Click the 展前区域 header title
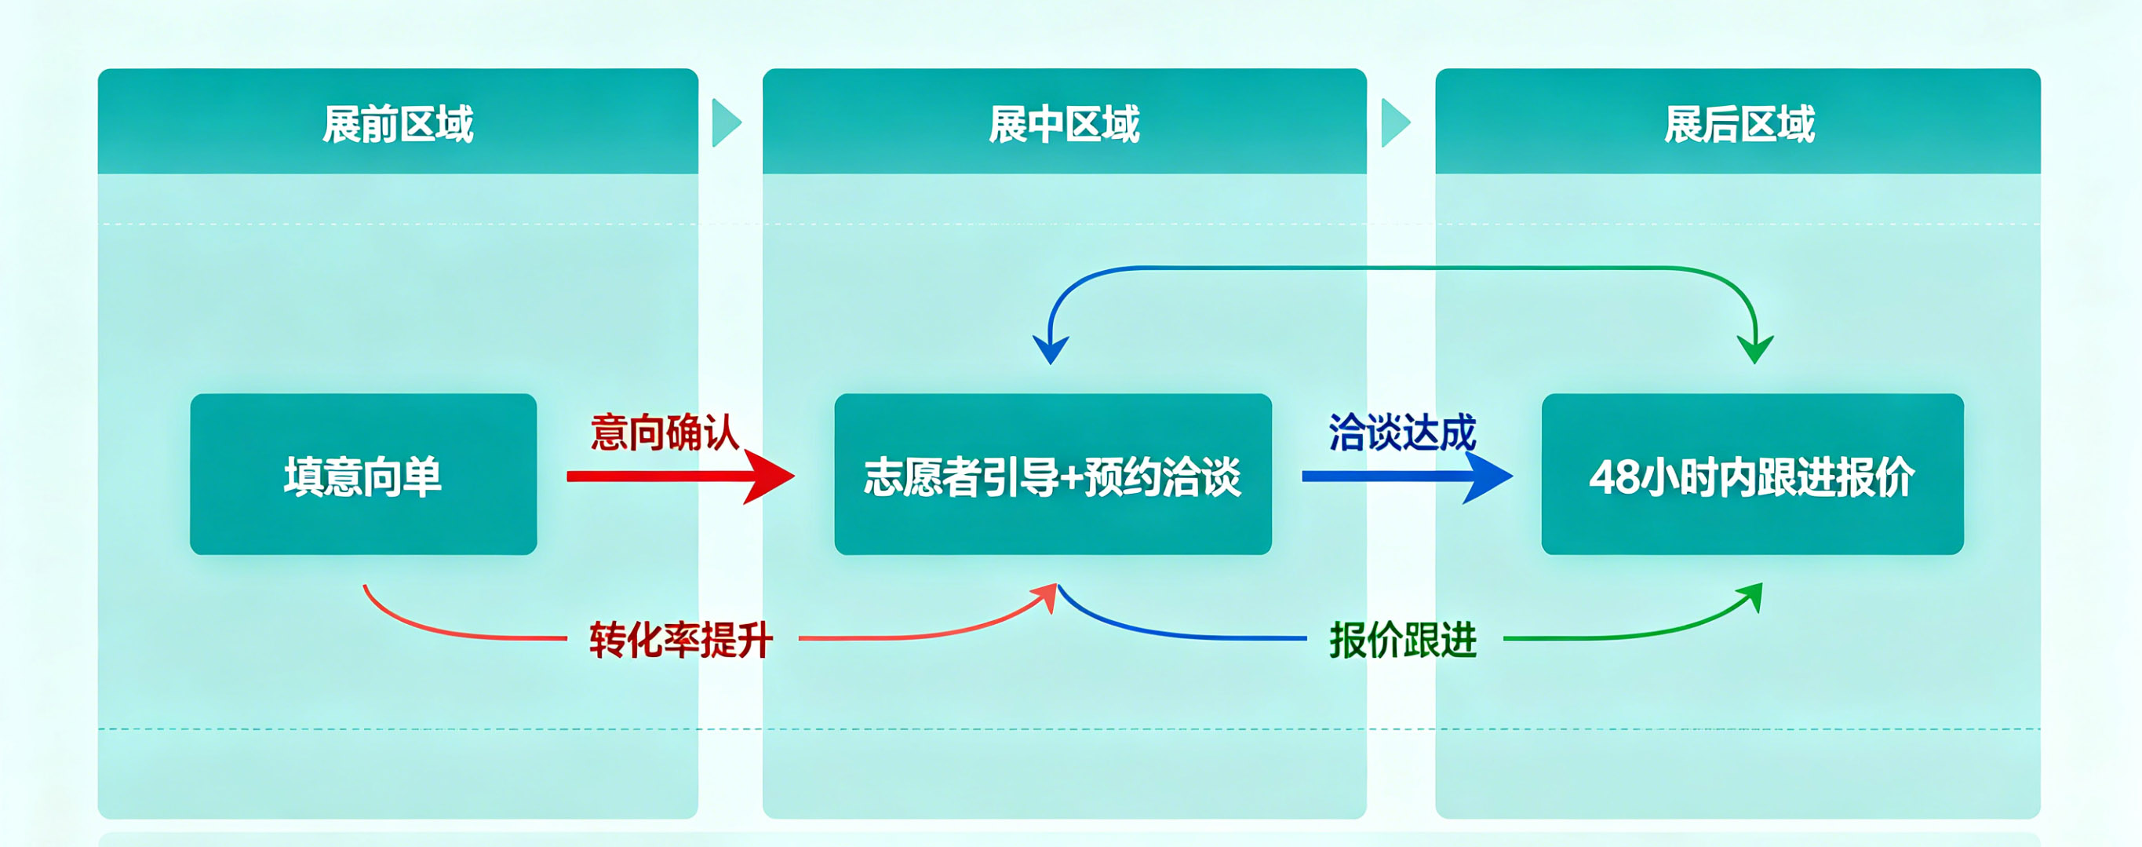[398, 125]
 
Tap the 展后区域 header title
[1739, 125]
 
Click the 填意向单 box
[363, 475]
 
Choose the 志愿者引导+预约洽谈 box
[1053, 475]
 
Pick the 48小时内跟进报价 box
[1752, 475]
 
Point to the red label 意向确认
[665, 433]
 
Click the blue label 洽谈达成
[1402, 433]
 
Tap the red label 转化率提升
[681, 640]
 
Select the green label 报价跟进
[1403, 640]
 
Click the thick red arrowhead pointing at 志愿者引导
[770, 476]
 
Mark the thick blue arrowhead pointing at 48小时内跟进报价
[1488, 476]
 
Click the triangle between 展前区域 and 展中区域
[726, 123]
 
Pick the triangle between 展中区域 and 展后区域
[1395, 123]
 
